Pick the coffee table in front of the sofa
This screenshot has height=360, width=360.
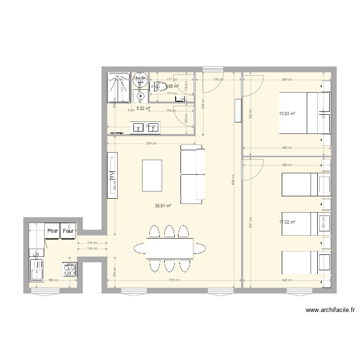point(152,175)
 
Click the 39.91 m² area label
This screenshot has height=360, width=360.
point(163,205)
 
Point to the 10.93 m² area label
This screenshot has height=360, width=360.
point(287,114)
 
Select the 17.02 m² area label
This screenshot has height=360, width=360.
point(287,222)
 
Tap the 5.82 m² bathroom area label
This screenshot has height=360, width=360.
point(143,108)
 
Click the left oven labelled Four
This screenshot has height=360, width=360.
point(52,231)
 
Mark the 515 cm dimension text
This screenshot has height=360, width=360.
point(174,280)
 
